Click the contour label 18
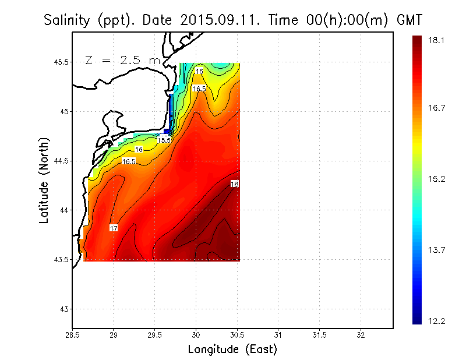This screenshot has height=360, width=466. point(235,184)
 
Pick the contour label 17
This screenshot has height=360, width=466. point(114,228)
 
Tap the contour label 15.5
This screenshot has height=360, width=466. point(164,140)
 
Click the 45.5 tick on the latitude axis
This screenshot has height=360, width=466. point(60,62)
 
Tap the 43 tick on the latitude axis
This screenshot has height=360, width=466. point(64,309)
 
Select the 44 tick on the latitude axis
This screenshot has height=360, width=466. point(64,210)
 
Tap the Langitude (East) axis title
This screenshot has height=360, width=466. point(232,350)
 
